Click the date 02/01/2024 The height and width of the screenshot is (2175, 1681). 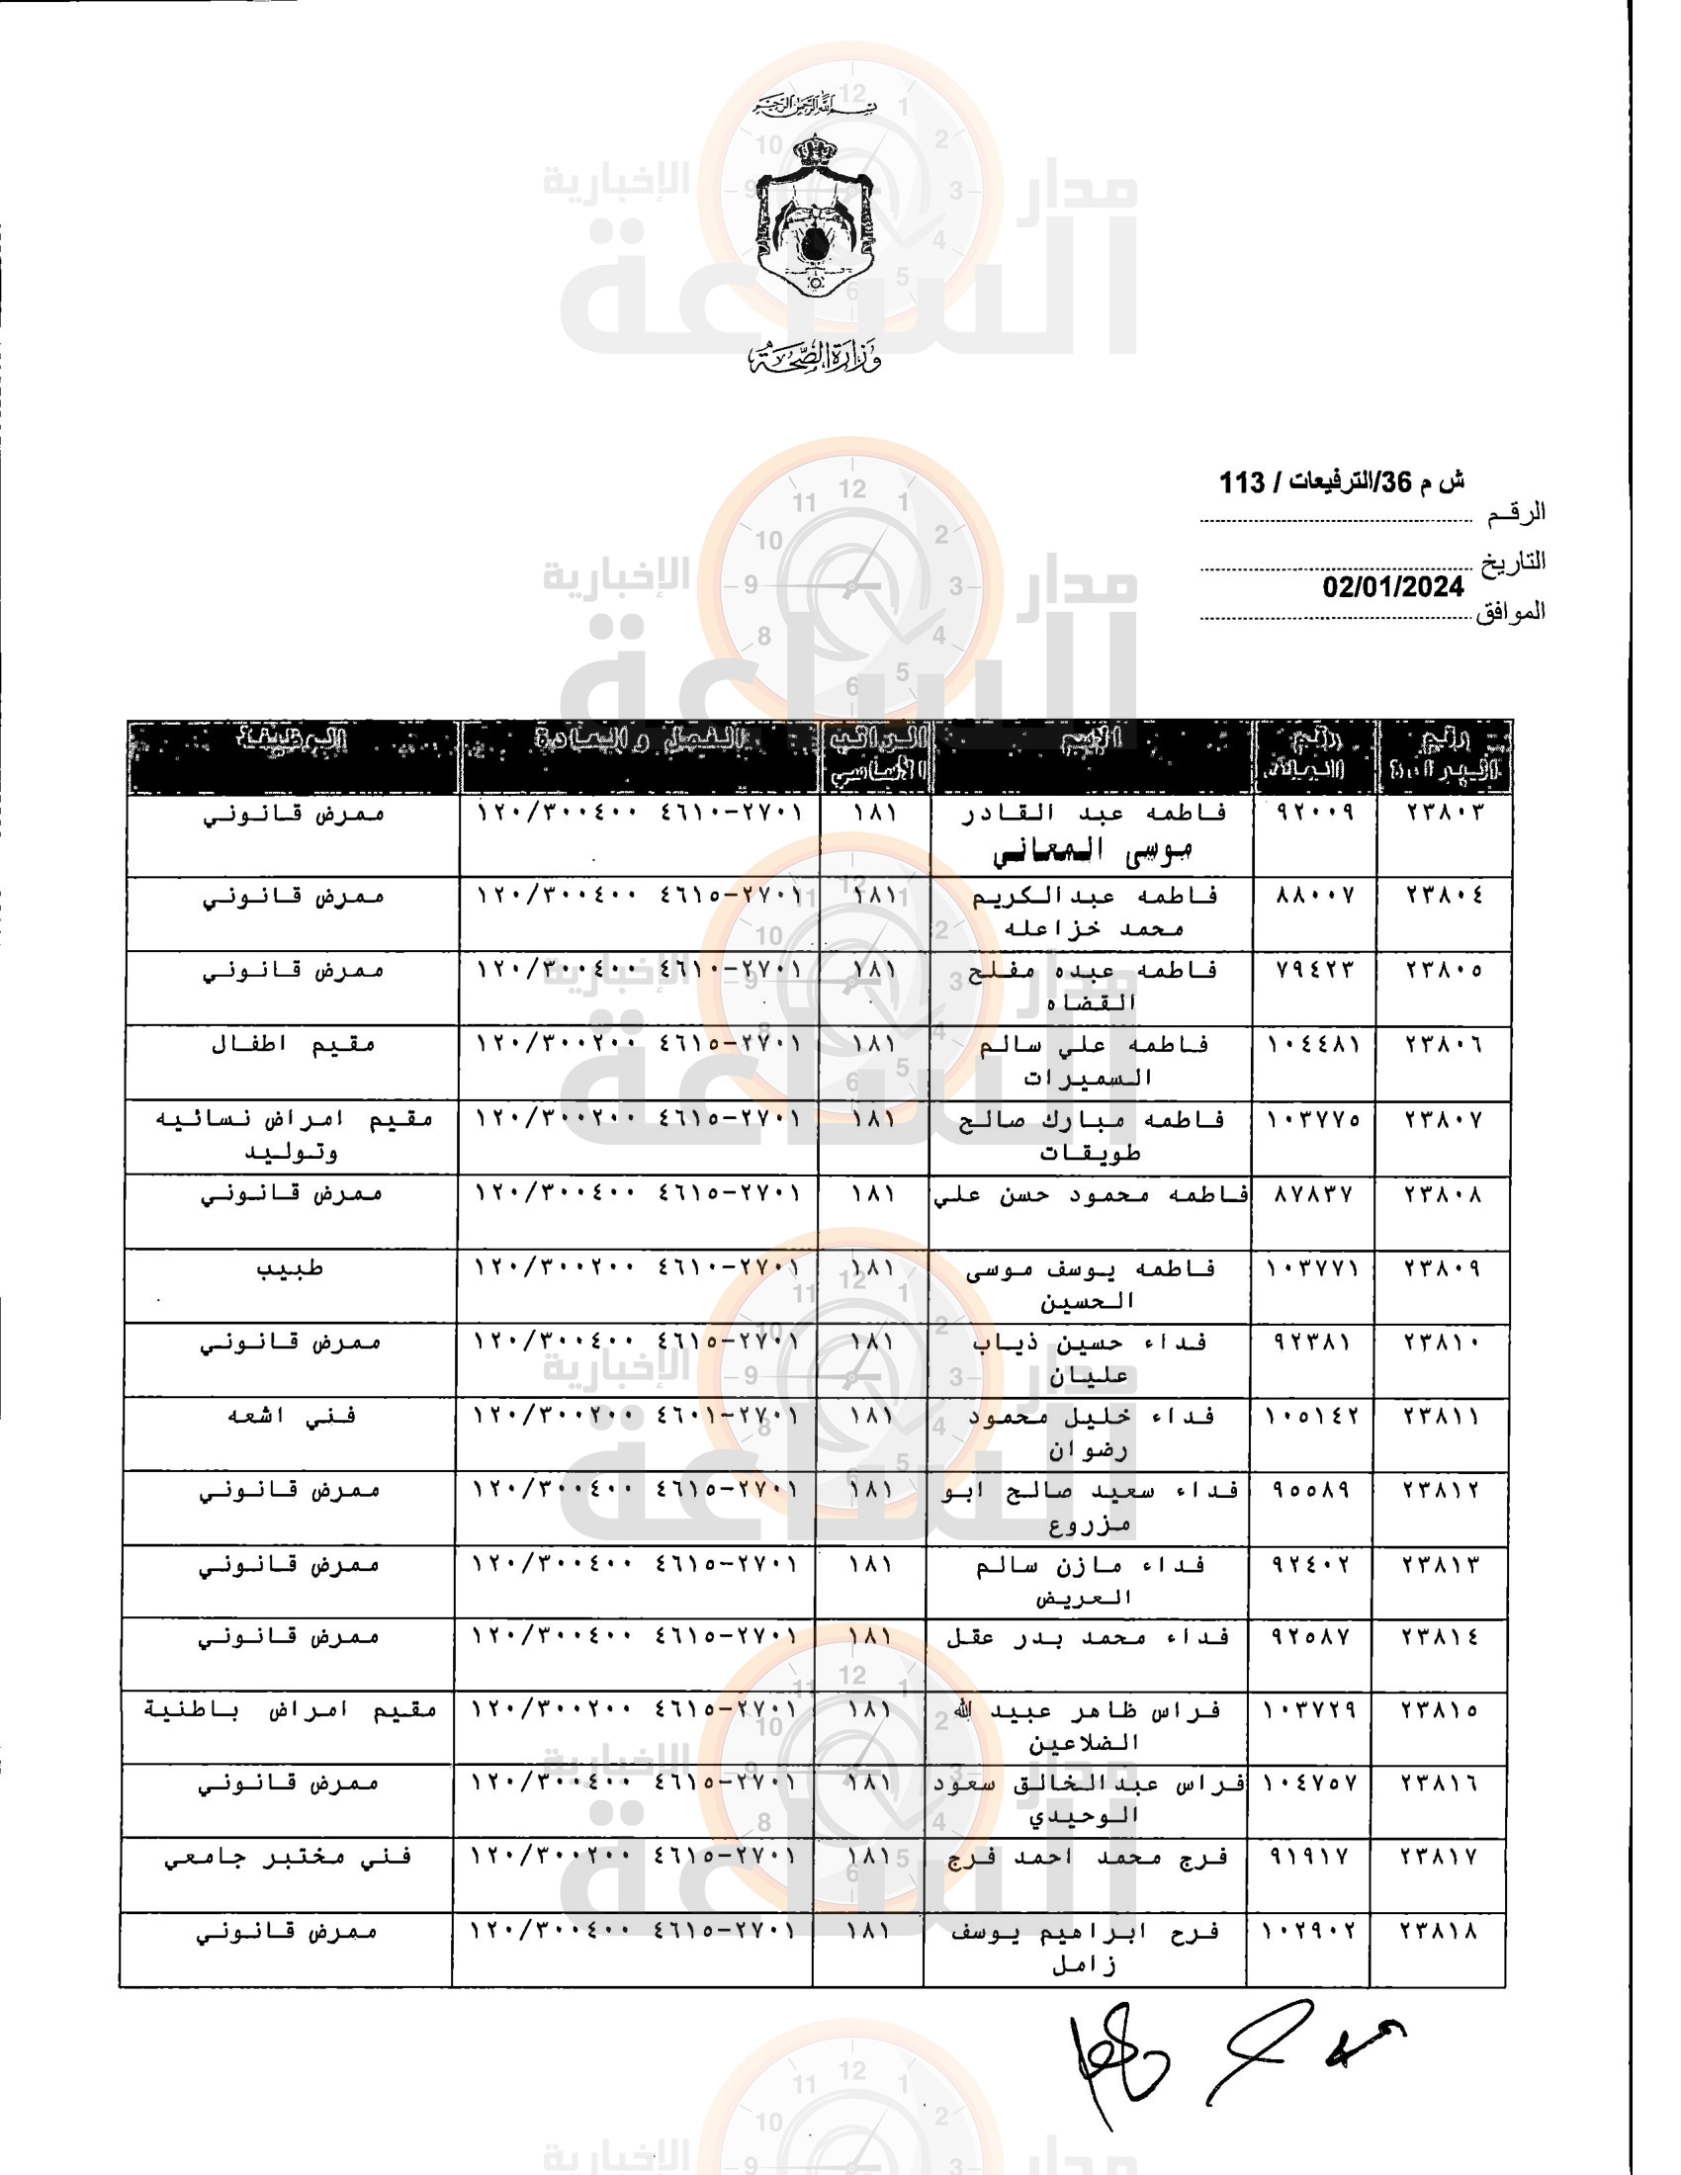coord(1392,586)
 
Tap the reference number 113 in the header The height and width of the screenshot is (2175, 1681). coord(1241,483)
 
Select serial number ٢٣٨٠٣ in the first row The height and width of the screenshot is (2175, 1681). coord(1444,812)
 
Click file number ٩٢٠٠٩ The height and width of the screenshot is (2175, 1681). coord(1314,812)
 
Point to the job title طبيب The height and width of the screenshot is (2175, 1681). coord(290,1268)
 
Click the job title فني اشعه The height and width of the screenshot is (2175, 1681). coord(292,1416)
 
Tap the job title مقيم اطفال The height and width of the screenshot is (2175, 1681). coord(293,1045)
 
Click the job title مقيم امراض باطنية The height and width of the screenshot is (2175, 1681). coord(290,1710)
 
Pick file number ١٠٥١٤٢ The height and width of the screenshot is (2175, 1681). coord(1312,1416)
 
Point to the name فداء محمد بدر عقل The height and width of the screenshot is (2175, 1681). coord(1088,1637)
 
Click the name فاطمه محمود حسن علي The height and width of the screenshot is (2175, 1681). coord(1091,1194)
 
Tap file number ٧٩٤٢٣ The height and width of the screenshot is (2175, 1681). coord(1314,969)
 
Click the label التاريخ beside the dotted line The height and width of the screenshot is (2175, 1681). coord(1513,562)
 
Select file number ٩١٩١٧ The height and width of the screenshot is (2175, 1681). coord(1309,1858)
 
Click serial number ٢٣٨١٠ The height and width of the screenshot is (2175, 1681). coord(1442,1343)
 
